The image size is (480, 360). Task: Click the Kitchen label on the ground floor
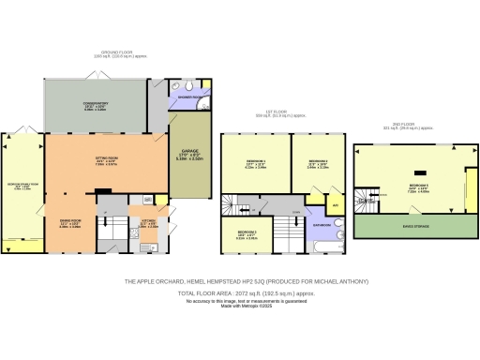pos(146,221)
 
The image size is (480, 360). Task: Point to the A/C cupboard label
pos(335,204)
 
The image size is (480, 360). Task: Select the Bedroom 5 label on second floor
pos(418,186)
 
